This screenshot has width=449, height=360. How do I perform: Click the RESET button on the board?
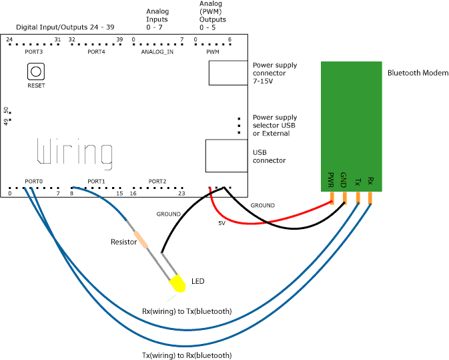tap(36, 71)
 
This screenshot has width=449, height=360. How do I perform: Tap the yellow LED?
tap(177, 283)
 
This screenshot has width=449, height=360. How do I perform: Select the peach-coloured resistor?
tap(141, 238)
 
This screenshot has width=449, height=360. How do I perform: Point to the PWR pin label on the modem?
tap(331, 180)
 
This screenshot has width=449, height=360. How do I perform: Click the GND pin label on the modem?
tap(344, 180)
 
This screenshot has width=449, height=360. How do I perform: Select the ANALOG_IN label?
tap(157, 51)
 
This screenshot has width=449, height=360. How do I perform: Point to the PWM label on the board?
tap(213, 51)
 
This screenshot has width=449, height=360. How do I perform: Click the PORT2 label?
tap(157, 181)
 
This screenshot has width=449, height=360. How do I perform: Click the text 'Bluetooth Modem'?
tap(418, 73)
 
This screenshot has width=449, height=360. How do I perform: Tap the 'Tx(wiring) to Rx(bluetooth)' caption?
tap(187, 355)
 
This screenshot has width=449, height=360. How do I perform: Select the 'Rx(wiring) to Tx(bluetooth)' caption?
tap(187, 311)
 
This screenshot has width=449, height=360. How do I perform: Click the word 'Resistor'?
tap(123, 242)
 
